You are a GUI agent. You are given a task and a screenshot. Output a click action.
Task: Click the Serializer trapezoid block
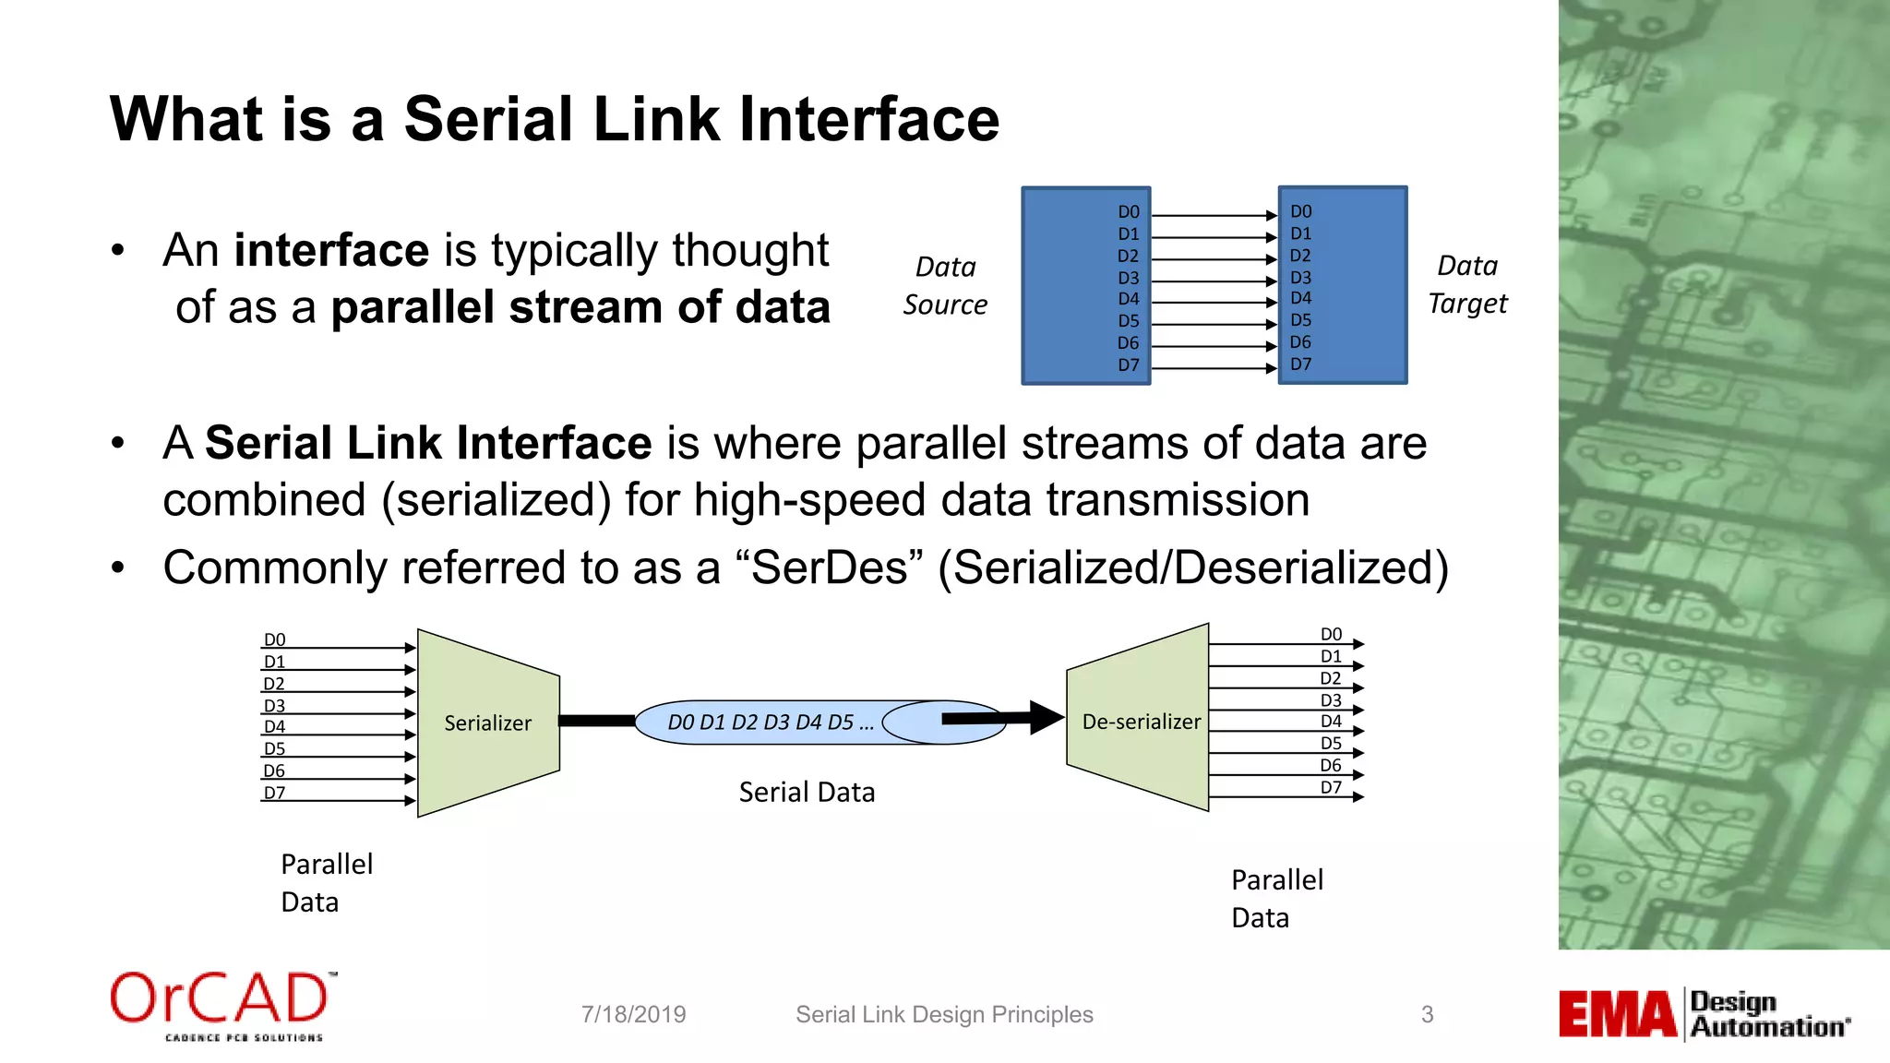(x=487, y=723)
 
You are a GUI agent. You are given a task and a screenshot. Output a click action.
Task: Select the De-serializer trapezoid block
(x=1141, y=721)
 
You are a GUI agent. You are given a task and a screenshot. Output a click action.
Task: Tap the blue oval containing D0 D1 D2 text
(x=771, y=723)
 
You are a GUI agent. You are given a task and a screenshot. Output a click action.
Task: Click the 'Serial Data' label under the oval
(x=807, y=792)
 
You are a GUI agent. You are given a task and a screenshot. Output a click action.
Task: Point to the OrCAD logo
(x=222, y=1005)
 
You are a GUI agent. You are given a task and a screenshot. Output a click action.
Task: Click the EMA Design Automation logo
(x=1704, y=1014)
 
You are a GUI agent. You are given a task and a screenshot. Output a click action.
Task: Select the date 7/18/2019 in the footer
(x=633, y=1014)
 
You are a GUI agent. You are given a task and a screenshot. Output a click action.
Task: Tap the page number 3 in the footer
(x=1427, y=1014)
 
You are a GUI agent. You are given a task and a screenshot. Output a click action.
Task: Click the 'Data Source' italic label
(x=945, y=285)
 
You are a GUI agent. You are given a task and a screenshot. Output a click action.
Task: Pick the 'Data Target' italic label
(x=1467, y=284)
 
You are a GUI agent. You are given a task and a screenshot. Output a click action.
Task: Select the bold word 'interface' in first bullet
(x=331, y=250)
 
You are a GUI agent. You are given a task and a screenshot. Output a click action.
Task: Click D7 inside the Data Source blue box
(x=1129, y=364)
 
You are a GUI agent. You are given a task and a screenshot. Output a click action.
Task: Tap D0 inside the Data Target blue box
(x=1301, y=211)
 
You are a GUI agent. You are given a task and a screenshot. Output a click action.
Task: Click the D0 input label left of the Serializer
(x=274, y=639)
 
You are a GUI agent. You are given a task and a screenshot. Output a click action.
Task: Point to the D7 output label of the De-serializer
(x=1331, y=787)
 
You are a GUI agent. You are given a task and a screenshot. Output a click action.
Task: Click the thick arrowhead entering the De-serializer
(x=1046, y=717)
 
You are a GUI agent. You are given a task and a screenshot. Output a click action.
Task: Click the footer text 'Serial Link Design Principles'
(x=944, y=1014)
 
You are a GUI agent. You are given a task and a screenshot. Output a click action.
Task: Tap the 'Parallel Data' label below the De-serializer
(x=1276, y=898)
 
